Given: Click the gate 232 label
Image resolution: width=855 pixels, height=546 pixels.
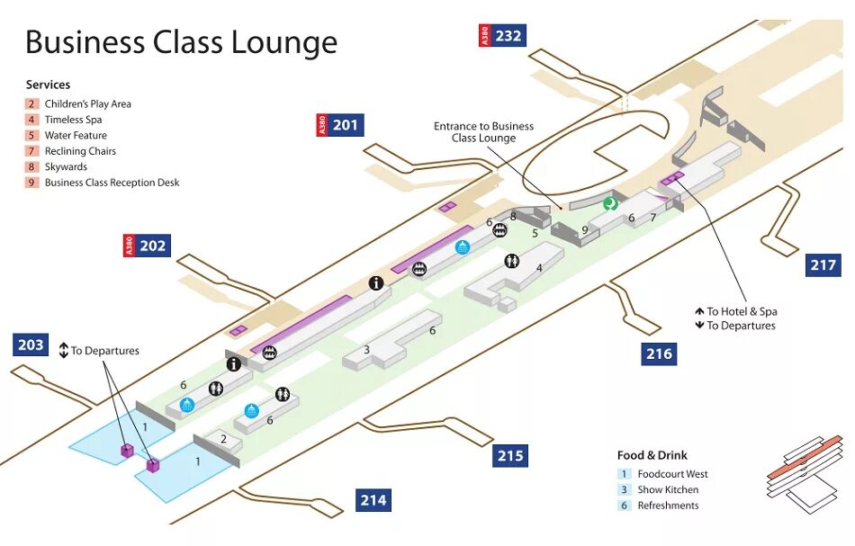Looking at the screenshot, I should (508, 36).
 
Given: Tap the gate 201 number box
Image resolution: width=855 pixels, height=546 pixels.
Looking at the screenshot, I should (346, 125).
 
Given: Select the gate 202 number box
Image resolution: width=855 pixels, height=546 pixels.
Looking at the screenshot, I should (153, 246).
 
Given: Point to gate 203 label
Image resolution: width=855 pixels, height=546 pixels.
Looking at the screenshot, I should (31, 345).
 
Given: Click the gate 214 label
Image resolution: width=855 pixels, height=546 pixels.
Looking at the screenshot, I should (373, 500).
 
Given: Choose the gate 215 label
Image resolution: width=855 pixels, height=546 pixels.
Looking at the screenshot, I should (510, 456).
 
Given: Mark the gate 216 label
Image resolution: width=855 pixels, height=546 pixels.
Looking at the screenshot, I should (659, 354).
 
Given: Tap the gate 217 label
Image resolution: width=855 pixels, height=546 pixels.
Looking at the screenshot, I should (823, 265).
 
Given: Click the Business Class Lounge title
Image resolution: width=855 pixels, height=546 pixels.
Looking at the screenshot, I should (181, 42).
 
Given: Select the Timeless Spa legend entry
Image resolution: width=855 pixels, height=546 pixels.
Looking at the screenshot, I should (73, 120).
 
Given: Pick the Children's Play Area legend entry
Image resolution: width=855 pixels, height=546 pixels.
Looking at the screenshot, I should (87, 104).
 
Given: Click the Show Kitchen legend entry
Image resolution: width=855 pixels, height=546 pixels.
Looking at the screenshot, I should (668, 490).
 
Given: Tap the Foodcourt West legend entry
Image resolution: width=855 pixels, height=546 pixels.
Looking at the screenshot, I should (672, 474).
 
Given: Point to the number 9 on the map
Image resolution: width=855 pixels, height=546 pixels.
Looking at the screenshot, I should (584, 230).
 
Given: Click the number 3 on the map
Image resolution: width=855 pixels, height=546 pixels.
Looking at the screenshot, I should (366, 349).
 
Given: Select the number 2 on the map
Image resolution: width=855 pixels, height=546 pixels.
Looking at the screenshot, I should (224, 438).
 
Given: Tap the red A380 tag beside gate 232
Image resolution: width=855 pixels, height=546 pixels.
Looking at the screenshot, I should (484, 36).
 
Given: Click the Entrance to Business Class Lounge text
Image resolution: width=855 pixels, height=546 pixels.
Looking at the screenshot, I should (483, 132).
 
